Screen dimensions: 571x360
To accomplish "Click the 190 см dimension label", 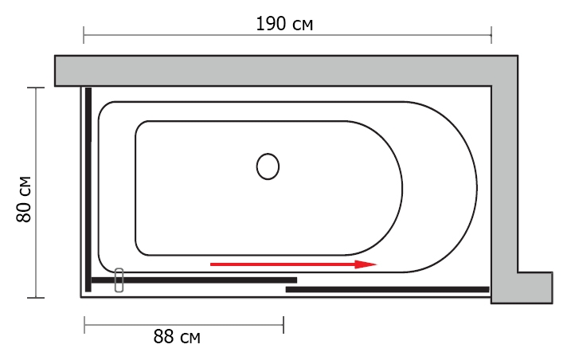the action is pos(284,24).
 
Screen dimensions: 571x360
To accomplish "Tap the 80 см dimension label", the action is pos(24,199).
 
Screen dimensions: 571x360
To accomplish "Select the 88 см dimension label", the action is pos(177,337).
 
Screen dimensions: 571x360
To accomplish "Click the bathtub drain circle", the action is pos(268,166).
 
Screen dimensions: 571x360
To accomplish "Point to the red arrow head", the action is pos(366,264).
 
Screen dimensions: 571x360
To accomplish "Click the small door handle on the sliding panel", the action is pos(119,280).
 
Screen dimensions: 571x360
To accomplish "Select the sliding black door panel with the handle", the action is pos(194,280).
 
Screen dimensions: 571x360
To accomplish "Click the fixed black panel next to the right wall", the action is pos(388,290).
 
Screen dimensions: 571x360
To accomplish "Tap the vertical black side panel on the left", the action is pos(88,190).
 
